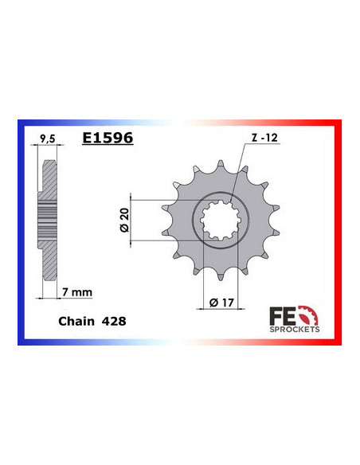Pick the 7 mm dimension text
pos(76,293)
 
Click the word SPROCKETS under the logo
pos(297,328)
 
